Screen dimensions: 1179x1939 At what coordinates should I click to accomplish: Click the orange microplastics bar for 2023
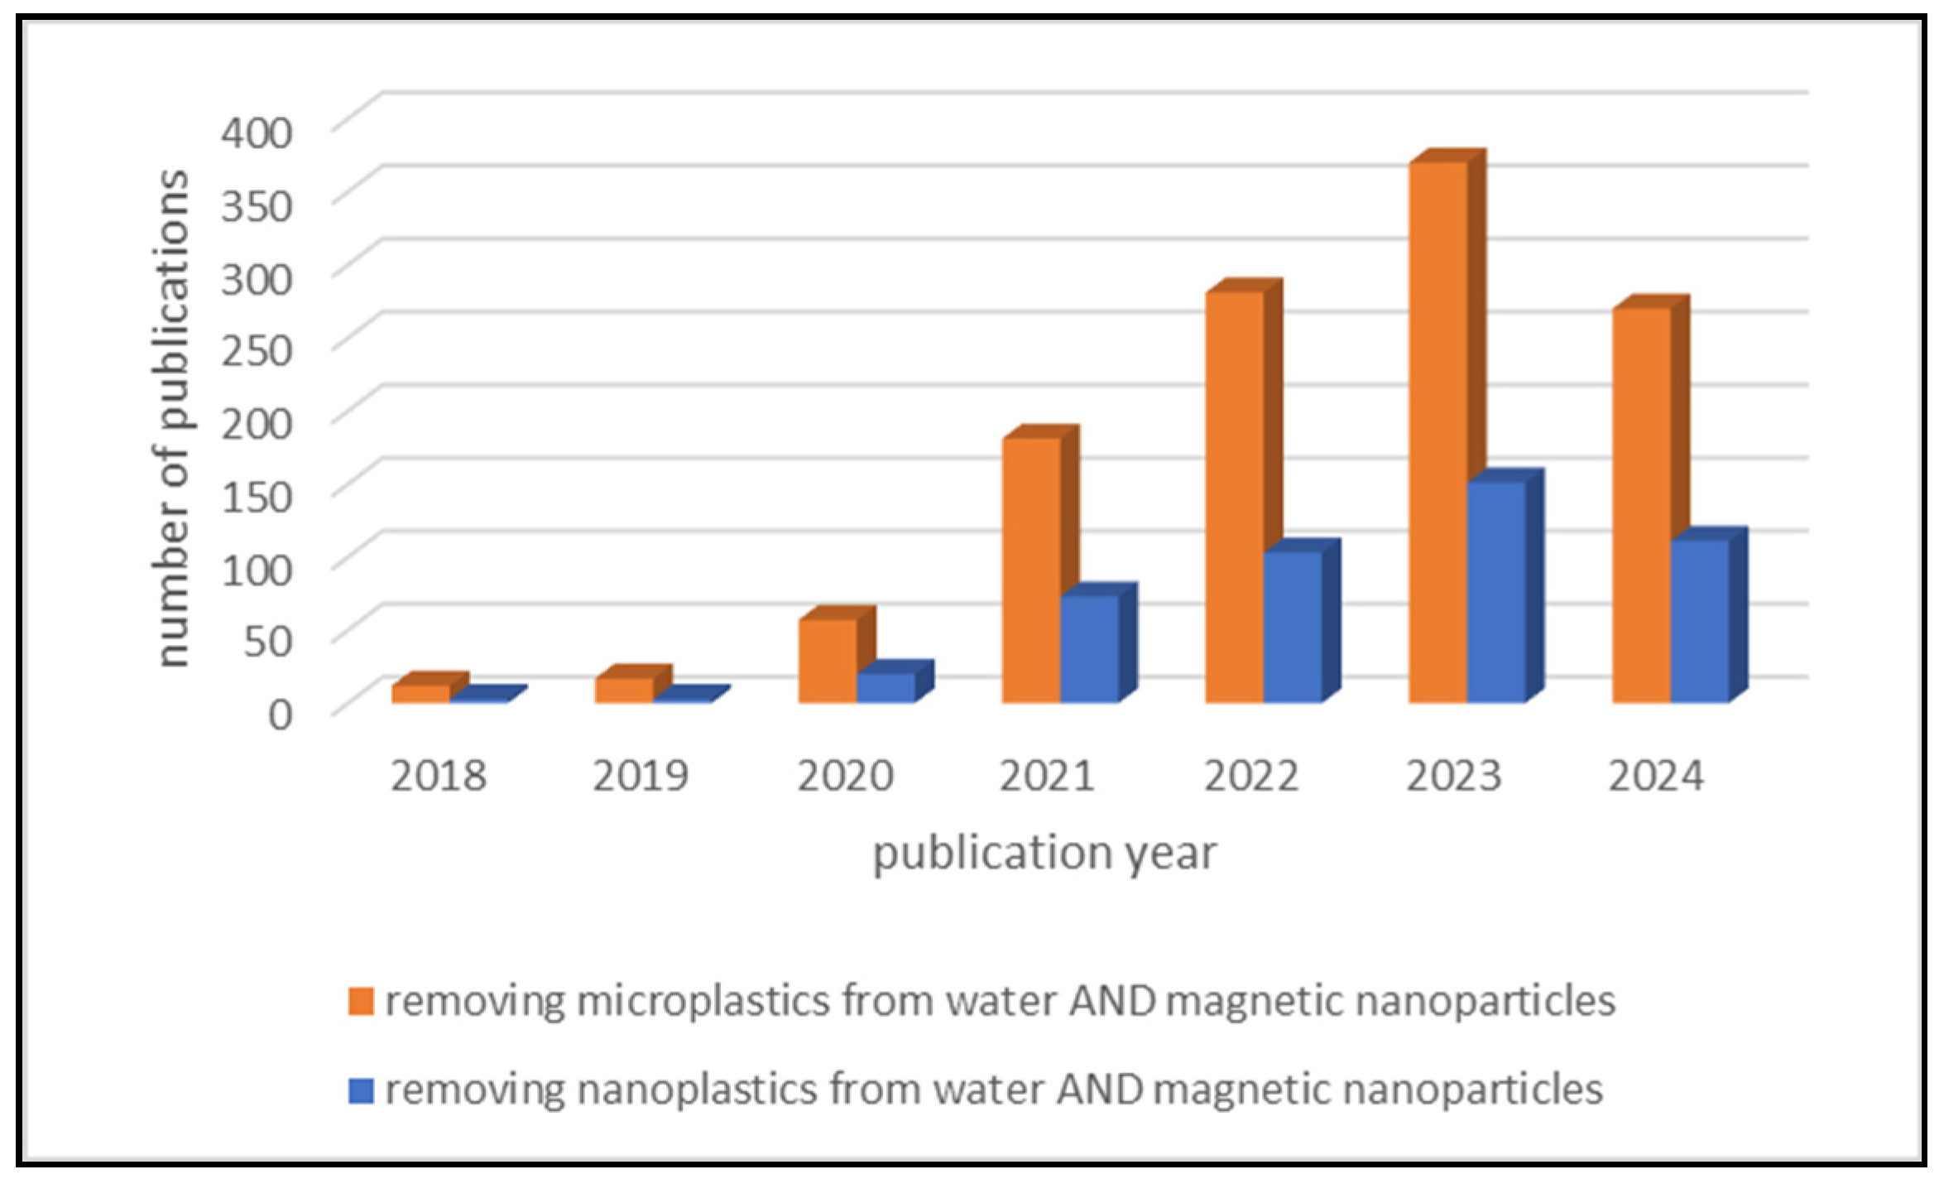(1438, 431)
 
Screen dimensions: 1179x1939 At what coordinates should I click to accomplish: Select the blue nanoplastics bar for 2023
(1496, 592)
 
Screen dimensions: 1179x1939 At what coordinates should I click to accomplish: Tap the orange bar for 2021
(1031, 571)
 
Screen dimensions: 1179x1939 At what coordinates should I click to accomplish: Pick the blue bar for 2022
(1293, 627)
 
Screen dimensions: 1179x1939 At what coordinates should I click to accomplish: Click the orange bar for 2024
(1641, 505)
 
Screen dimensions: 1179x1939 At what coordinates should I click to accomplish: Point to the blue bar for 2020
(886, 688)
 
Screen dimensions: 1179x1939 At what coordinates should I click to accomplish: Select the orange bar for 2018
(420, 694)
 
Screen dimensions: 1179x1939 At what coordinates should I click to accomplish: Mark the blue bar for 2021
(1089, 649)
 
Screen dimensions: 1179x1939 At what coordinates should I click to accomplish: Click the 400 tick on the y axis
(257, 132)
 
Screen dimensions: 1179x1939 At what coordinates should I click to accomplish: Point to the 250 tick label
(257, 350)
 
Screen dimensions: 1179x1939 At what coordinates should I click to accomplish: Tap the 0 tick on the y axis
(280, 714)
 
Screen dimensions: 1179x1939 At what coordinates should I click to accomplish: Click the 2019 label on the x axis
(641, 777)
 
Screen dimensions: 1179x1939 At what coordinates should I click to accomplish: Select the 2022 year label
(1250, 777)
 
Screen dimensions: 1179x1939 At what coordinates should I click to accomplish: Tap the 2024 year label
(1656, 777)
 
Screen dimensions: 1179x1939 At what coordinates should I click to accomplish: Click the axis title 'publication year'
(1044, 854)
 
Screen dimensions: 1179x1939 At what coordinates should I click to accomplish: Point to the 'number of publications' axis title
(172, 418)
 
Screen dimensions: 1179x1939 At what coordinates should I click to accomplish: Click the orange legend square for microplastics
(361, 1001)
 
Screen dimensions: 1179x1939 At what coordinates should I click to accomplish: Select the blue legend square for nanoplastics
(361, 1090)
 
